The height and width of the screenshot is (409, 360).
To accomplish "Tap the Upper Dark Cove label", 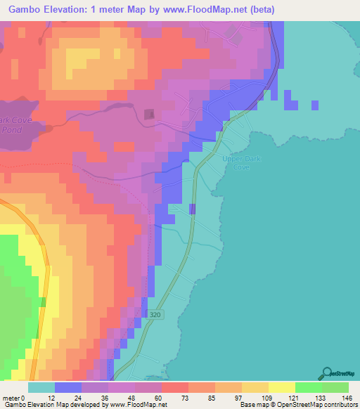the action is (241, 164).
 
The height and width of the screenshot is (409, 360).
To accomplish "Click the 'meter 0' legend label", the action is (15, 397).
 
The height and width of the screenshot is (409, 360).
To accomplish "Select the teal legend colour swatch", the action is (41, 387).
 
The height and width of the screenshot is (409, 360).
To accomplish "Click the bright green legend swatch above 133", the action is (309, 387).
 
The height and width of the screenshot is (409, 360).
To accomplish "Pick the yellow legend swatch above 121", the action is (282, 387).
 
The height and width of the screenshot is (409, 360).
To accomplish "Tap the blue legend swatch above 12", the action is (68, 387).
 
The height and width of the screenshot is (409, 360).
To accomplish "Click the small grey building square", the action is (149, 114).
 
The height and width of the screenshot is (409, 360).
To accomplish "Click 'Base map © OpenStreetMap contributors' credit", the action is (298, 405).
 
